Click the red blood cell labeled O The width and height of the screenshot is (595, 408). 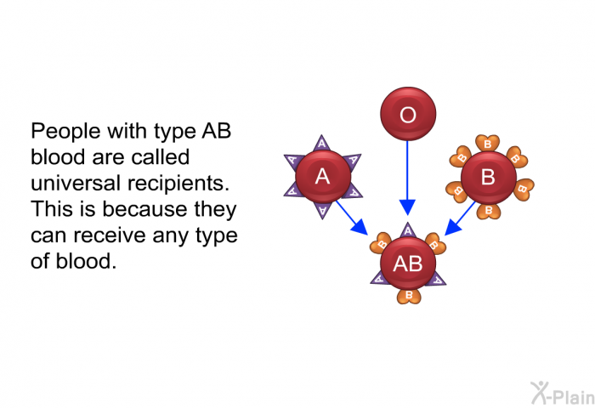pos(407,115)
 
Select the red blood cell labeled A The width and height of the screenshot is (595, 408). pos(322,177)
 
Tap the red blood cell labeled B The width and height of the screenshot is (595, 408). pos(488,178)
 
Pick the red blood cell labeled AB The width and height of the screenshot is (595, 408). pos(407,263)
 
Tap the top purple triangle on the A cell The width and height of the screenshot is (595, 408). pos(321,142)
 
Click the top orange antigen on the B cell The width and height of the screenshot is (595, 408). pos(487,143)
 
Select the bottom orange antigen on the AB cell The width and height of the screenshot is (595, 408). pos(408,296)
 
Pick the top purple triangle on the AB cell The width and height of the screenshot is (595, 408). pos(407,229)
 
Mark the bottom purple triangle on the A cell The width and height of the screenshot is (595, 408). pos(322,211)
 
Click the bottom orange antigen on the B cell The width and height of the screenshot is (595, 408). pos(488,211)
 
